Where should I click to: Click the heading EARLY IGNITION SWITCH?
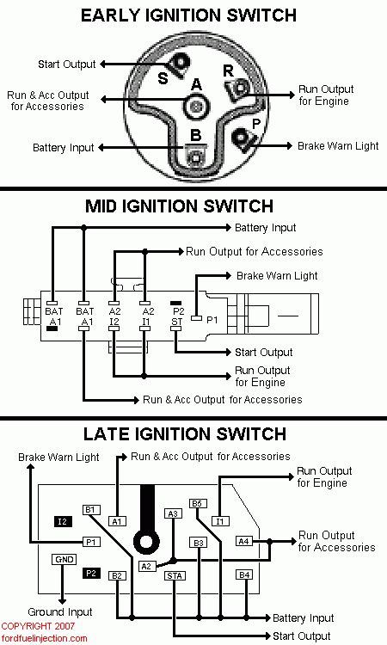click(x=189, y=15)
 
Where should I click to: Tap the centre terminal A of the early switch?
click(x=197, y=106)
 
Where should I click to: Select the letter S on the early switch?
click(x=163, y=77)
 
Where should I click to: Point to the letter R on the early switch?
click(x=228, y=71)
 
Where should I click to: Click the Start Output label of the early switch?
click(x=66, y=64)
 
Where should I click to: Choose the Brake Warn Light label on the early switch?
click(x=338, y=145)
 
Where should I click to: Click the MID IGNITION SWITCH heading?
click(x=180, y=206)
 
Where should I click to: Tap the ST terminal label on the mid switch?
click(x=177, y=322)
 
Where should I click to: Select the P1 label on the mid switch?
click(x=212, y=320)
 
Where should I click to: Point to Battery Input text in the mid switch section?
click(x=265, y=228)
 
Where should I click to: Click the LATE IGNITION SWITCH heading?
click(x=185, y=434)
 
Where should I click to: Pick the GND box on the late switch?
click(x=64, y=560)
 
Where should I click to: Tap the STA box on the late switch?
click(x=175, y=575)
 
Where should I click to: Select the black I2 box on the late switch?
click(x=63, y=522)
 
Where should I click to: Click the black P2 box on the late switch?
click(x=91, y=573)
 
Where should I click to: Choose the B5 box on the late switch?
click(x=198, y=503)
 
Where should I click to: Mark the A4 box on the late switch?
click(x=244, y=541)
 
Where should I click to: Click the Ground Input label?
click(x=60, y=611)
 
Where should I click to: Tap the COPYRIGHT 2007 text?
click(x=38, y=626)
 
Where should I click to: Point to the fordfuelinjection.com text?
click(x=44, y=638)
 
